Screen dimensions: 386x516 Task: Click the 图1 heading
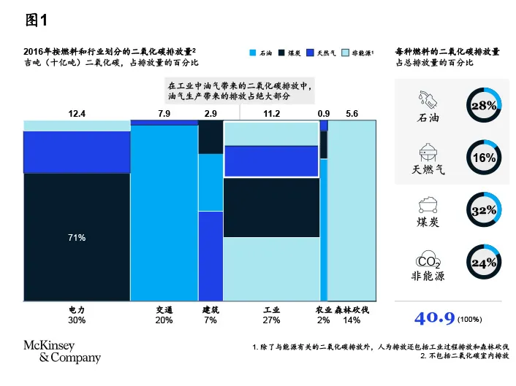38,20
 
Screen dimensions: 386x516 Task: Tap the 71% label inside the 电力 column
77,238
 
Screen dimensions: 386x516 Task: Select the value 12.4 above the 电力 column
77,113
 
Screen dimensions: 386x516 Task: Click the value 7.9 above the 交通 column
164,113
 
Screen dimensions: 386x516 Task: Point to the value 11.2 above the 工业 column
271,113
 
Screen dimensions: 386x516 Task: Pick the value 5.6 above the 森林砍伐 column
352,113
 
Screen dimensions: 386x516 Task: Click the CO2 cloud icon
428,260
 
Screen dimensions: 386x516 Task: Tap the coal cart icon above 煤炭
428,205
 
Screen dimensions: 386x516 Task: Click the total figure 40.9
434,318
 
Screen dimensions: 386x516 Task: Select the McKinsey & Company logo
62,351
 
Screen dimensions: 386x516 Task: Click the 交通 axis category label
164,309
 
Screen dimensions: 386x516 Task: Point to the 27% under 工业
271,320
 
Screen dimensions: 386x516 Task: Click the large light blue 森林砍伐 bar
352,212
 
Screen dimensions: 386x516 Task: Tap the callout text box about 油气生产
240,90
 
